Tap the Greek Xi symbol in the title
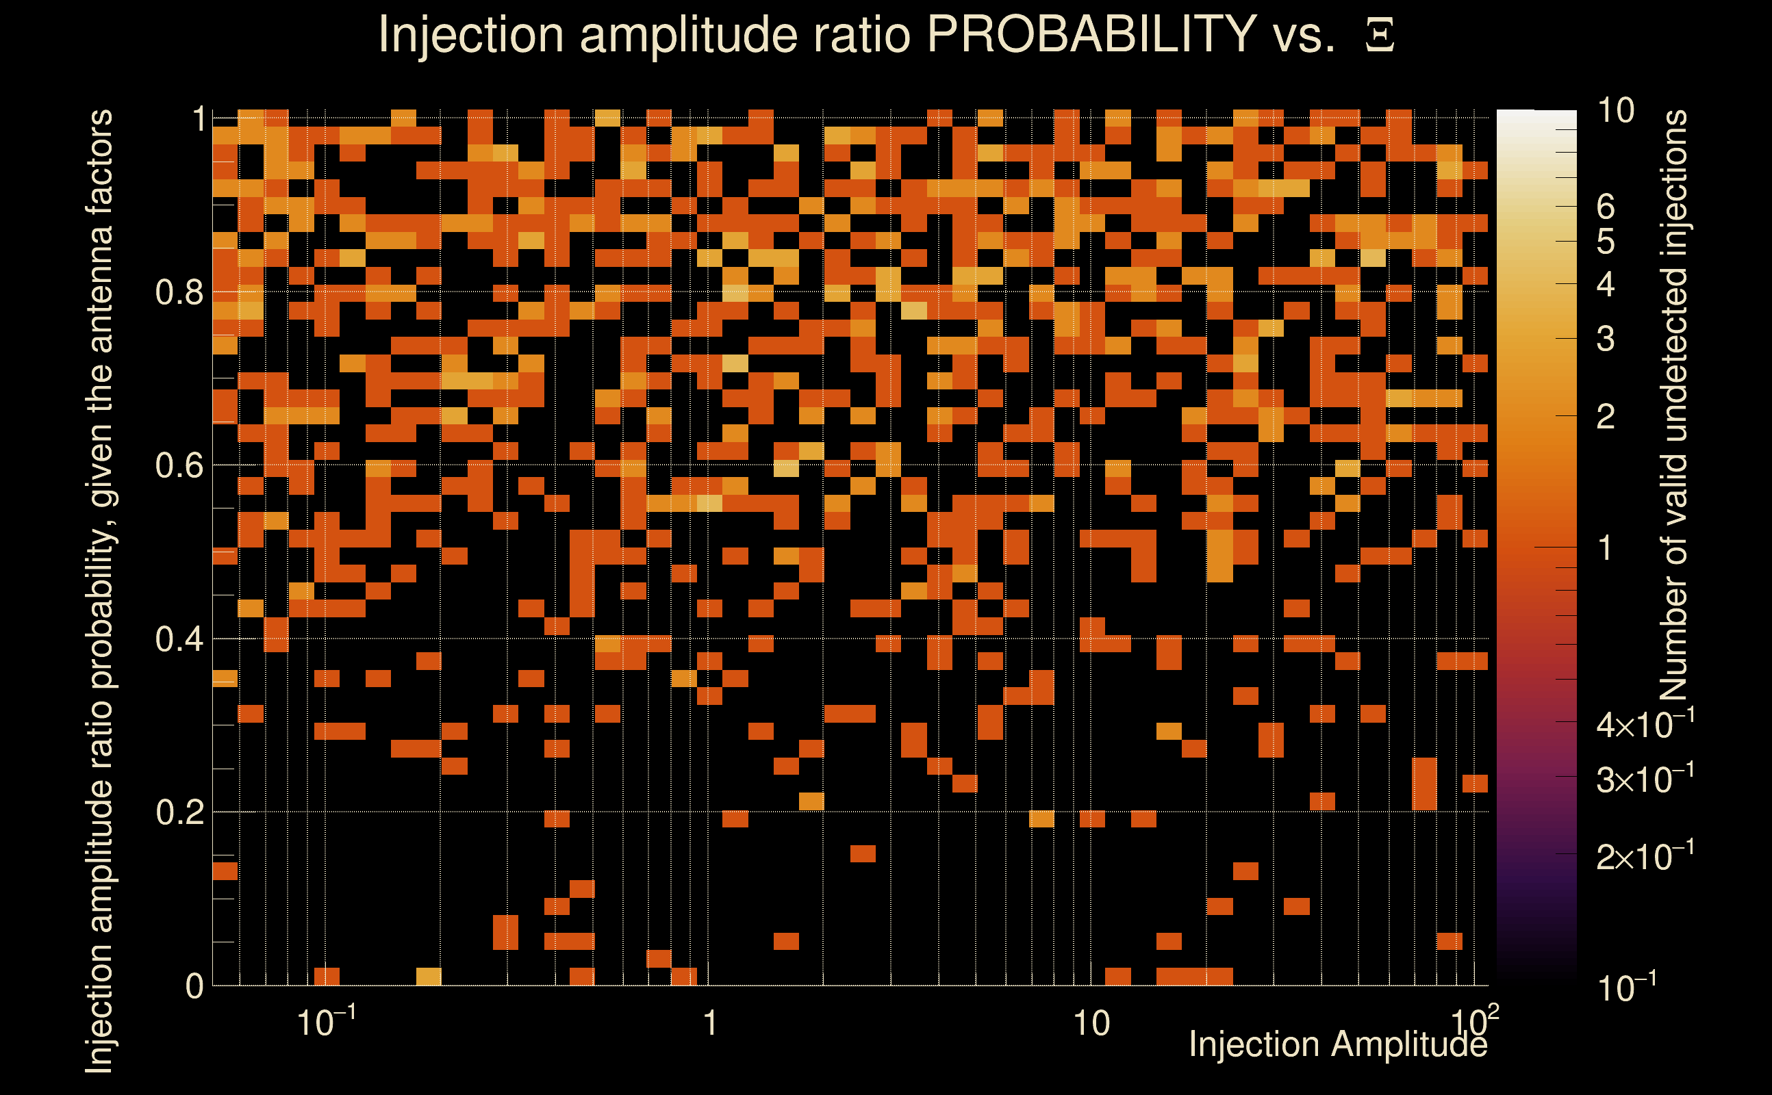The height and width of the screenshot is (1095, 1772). pyautogui.click(x=1380, y=36)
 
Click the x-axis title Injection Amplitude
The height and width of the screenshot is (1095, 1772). pyautogui.click(x=1337, y=1044)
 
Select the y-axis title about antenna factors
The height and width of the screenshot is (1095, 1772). pyautogui.click(x=99, y=590)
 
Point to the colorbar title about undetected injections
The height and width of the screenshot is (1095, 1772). pyautogui.click(x=1673, y=406)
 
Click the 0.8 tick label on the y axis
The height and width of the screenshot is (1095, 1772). pyautogui.click(x=179, y=293)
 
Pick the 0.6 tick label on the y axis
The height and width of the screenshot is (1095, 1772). pyautogui.click(x=179, y=465)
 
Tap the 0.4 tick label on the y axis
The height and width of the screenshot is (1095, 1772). pyautogui.click(x=179, y=639)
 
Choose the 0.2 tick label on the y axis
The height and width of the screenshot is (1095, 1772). pyautogui.click(x=179, y=812)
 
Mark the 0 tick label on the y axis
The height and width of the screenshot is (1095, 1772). pyautogui.click(x=194, y=986)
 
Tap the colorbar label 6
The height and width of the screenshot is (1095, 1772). pyautogui.click(x=1606, y=207)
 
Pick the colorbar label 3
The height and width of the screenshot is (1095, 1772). pyautogui.click(x=1606, y=339)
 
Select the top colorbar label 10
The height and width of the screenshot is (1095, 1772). pyautogui.click(x=1615, y=111)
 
